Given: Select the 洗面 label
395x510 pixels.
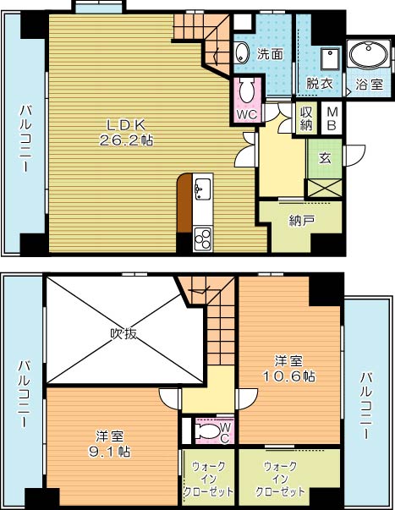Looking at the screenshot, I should (x=270, y=53).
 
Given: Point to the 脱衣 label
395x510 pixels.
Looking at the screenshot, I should (x=319, y=84).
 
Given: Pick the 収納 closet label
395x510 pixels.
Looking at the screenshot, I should (x=305, y=119).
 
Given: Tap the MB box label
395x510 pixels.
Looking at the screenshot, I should (x=332, y=119).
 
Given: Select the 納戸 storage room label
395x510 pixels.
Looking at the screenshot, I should (x=301, y=221).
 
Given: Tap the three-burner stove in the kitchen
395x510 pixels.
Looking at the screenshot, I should (x=204, y=238).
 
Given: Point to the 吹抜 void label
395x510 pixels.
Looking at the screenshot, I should (x=123, y=332).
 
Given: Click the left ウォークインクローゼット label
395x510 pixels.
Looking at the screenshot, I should (x=207, y=479).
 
